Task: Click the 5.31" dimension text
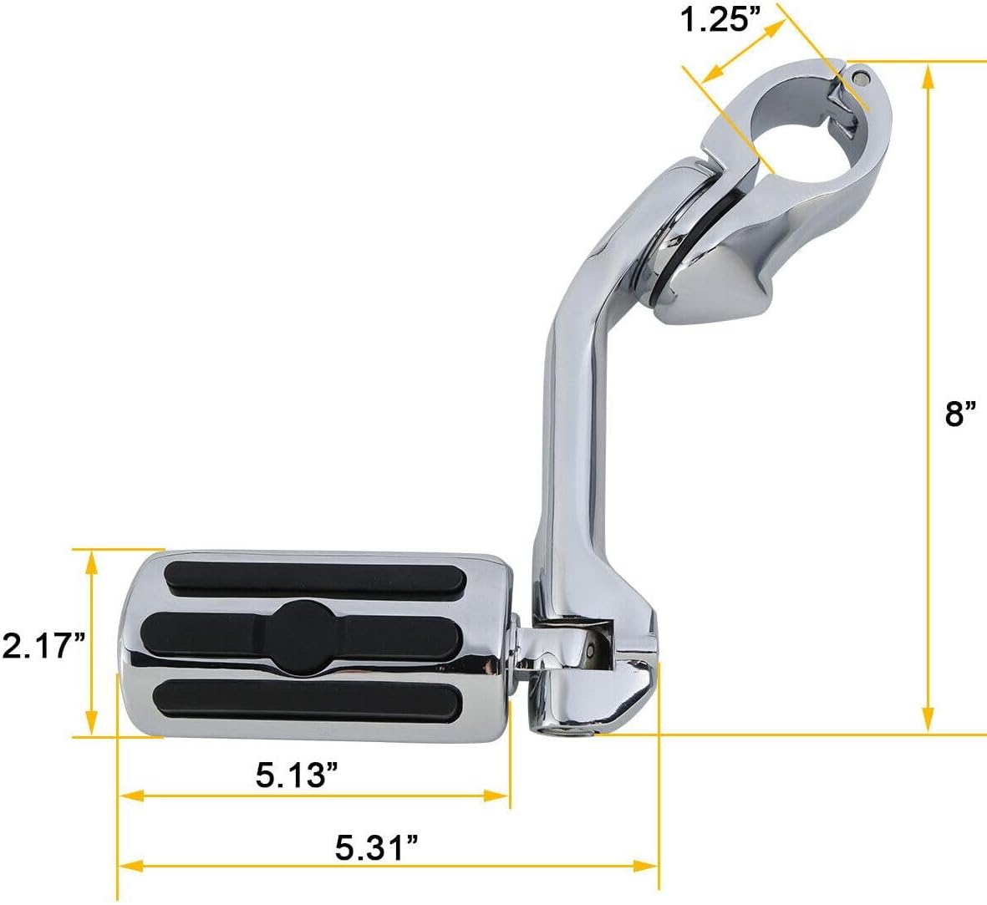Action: [376, 849]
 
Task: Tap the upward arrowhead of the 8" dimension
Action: [928, 77]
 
